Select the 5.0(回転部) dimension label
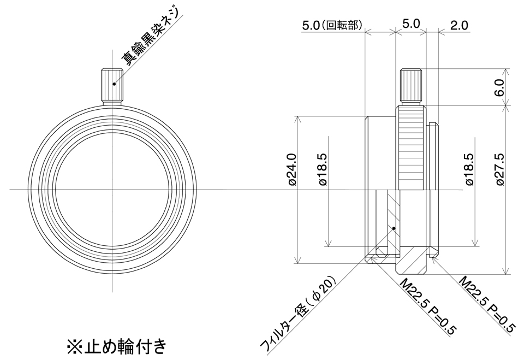click(x=332, y=26)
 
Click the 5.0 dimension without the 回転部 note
click(x=410, y=24)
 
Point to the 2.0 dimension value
click(x=459, y=25)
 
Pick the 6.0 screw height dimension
click(x=498, y=87)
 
